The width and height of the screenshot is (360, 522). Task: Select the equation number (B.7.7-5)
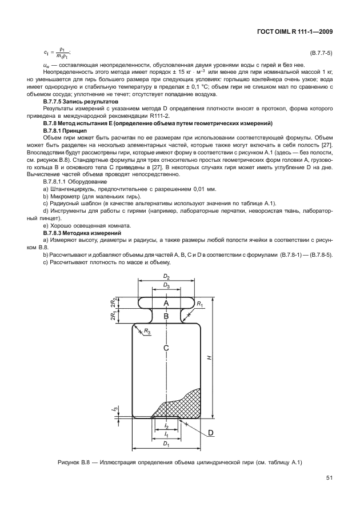click(x=321, y=53)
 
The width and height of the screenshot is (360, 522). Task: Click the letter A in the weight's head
click(x=166, y=301)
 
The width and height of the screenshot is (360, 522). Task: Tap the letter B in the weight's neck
click(x=166, y=315)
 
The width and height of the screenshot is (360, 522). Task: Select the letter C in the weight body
click(x=166, y=348)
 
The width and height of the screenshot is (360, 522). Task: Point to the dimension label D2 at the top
click(x=166, y=277)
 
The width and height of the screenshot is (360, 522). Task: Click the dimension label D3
click(x=166, y=285)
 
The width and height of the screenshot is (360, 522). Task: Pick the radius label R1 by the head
click(x=200, y=305)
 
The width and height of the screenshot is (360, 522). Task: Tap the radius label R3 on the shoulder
click(x=147, y=332)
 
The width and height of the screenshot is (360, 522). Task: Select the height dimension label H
click(x=209, y=357)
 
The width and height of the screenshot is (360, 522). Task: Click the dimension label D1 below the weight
click(x=166, y=444)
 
